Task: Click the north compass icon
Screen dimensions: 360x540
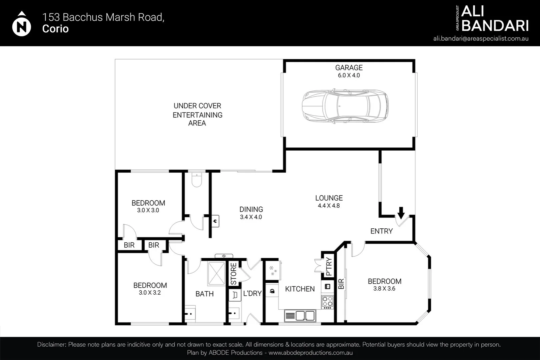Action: click(22, 25)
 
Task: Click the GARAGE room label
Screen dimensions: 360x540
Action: click(349, 68)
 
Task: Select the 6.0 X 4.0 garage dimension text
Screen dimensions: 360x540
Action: click(349, 75)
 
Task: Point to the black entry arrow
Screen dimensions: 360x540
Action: click(401, 212)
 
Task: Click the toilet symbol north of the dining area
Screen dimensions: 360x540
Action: click(197, 180)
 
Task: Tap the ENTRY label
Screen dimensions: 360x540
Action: click(382, 231)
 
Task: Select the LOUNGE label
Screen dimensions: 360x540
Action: click(329, 198)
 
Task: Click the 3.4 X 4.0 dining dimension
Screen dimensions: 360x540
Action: click(251, 217)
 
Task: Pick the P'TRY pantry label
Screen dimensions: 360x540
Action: click(329, 266)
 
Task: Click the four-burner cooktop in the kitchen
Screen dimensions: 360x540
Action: click(327, 301)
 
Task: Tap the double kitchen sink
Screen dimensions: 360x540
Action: click(300, 316)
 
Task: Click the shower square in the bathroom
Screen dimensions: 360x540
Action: click(216, 273)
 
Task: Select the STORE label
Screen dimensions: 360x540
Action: click(233, 274)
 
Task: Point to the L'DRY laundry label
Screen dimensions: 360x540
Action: click(252, 293)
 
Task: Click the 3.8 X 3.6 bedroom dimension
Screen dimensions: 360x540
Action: click(384, 289)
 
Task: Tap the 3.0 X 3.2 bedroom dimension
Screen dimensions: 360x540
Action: click(150, 293)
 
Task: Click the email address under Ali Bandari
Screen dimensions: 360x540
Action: click(481, 38)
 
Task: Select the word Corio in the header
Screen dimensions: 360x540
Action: click(55, 29)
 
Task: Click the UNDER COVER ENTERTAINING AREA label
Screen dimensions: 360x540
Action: click(197, 114)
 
